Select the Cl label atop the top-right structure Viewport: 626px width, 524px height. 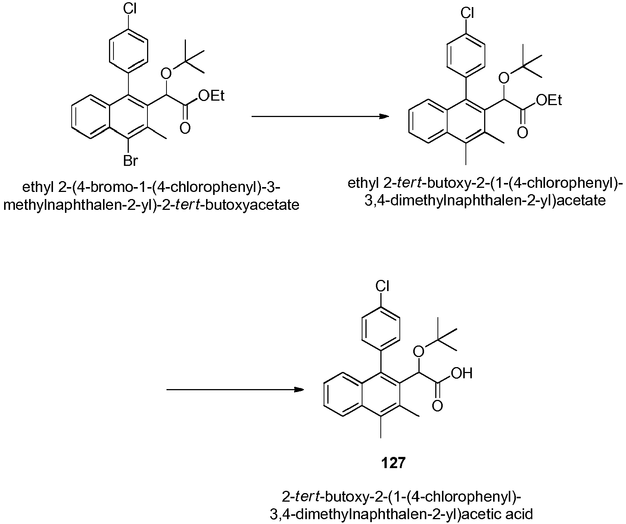pos(467,14)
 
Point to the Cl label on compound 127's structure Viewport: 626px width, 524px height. pos(382,287)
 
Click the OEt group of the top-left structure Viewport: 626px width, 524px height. pos(212,96)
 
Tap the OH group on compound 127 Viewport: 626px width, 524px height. pos(462,373)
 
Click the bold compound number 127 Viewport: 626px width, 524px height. pos(393,463)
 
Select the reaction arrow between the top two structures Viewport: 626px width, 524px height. pos(320,117)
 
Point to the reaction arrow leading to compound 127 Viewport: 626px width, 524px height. pos(235,390)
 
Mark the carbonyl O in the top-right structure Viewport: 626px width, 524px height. pos(522,132)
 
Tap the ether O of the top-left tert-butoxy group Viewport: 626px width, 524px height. pos(167,74)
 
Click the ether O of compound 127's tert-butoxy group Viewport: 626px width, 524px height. pos(419,350)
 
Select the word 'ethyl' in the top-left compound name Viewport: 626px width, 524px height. pos(38,187)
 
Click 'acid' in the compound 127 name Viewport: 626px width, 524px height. pos(520,514)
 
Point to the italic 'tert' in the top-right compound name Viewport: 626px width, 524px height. pos(411,184)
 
